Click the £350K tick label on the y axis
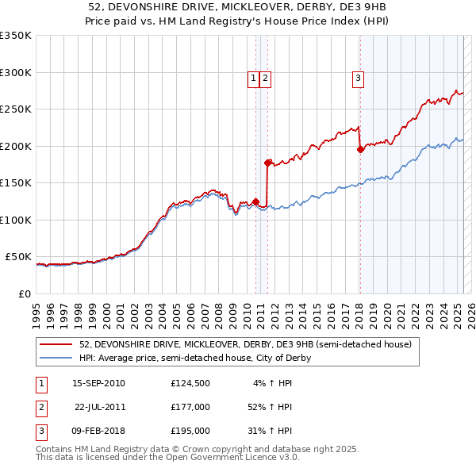[16, 36]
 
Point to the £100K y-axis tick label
[16, 220]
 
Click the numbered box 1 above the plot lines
[253, 78]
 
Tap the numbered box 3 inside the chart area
[359, 78]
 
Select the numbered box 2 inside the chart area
[265, 78]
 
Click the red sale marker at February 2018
[360, 148]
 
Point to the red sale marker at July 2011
[267, 162]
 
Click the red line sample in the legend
[57, 345]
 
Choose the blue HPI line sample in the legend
[57, 358]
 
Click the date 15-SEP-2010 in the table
[98, 384]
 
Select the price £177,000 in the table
[190, 407]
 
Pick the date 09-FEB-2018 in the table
[98, 431]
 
